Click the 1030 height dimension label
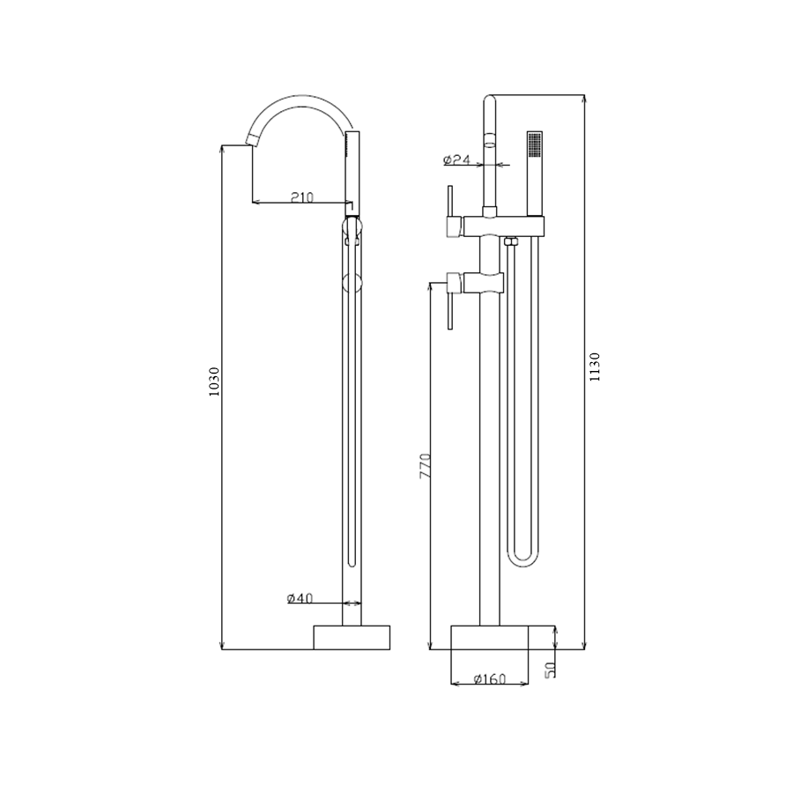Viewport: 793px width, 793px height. [214, 382]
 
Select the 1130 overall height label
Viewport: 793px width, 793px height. [595, 367]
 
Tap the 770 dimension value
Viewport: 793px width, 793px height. [425, 466]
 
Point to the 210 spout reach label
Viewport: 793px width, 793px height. [302, 196]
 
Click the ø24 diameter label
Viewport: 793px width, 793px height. [456, 160]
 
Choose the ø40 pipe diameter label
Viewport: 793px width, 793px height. [300, 598]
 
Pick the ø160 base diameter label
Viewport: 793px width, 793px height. [490, 678]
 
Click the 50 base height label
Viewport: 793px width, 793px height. [550, 670]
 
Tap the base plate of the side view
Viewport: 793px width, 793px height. [352, 637]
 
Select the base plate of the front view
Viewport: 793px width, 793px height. [490, 637]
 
